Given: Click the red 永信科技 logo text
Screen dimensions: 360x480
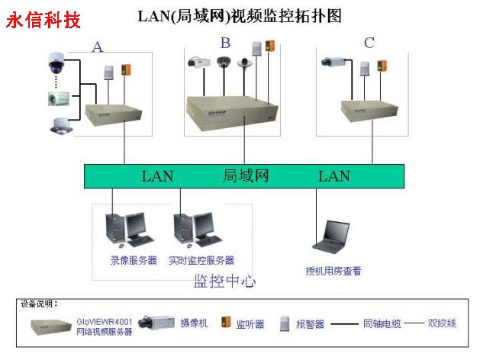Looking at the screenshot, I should click(x=43, y=20).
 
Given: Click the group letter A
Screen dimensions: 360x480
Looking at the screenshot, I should click(x=98, y=47).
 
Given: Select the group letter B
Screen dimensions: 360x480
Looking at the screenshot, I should click(x=225, y=43).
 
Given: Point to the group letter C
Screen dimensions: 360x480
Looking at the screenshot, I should click(x=369, y=43).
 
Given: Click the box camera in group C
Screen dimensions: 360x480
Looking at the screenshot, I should click(x=335, y=59).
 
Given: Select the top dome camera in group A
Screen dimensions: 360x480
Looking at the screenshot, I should click(x=56, y=63).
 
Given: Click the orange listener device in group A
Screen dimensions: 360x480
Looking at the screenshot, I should click(x=127, y=72).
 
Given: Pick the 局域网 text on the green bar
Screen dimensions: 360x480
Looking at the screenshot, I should click(x=246, y=176).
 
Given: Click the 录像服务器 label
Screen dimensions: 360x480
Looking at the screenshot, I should click(x=134, y=261).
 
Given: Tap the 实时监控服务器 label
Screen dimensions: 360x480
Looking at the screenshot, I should click(x=201, y=261).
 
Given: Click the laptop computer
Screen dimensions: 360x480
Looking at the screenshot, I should click(x=333, y=236).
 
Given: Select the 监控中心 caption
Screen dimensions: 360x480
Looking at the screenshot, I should click(x=224, y=281).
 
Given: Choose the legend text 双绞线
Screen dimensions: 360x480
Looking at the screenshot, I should click(x=442, y=323).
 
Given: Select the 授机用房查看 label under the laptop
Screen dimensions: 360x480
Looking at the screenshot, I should click(x=333, y=271).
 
